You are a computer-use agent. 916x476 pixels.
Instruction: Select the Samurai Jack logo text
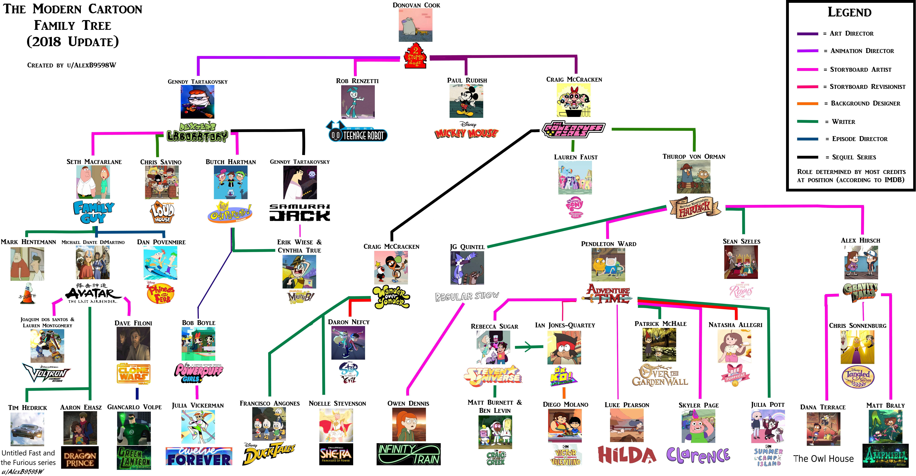click(x=300, y=212)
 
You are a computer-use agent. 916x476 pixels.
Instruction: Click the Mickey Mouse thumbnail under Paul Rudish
click(x=466, y=101)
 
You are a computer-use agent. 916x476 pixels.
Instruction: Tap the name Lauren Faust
click(x=576, y=157)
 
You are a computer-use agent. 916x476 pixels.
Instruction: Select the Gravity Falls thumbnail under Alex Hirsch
click(x=861, y=263)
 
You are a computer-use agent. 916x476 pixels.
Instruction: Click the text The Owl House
click(x=823, y=459)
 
